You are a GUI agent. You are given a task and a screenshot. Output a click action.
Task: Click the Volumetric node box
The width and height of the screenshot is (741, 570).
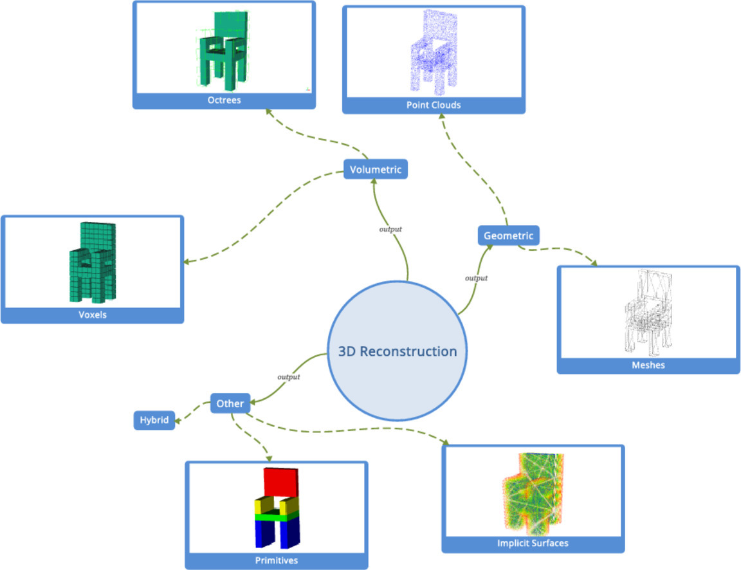376,170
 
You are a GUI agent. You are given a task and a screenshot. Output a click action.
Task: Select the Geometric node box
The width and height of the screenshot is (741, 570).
509,236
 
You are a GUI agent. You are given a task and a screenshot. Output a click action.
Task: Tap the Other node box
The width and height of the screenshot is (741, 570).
230,403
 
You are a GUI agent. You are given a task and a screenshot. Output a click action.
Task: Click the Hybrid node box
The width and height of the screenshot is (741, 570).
154,421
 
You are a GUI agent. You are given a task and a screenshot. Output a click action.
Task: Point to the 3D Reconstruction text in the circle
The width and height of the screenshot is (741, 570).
398,351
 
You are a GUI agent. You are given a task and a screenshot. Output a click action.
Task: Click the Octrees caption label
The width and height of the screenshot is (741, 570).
224,100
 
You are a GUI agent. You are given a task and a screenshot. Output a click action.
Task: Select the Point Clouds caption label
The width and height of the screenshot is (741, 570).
434,105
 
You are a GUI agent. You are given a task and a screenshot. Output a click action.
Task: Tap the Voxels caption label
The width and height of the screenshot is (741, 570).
93,315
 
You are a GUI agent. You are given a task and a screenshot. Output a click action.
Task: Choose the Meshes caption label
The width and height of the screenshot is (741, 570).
648,365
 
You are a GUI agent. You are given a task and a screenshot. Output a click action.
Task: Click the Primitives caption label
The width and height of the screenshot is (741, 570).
277,560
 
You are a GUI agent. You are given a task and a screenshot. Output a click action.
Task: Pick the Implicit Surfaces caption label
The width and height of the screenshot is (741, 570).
533,543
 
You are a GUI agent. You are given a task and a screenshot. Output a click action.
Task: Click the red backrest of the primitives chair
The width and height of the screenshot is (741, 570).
281,482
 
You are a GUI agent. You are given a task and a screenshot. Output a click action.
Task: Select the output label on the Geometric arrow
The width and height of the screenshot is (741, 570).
476,278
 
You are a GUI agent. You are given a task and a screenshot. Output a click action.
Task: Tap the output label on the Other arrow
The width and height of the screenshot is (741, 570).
289,377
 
